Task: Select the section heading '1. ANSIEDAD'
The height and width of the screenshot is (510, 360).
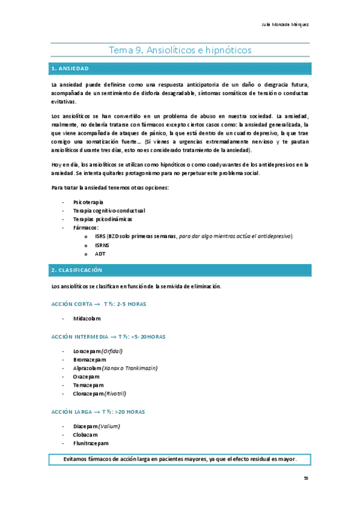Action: (71, 69)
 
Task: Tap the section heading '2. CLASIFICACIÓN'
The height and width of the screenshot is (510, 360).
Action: (77, 270)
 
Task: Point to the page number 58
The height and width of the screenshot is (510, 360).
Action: (306, 479)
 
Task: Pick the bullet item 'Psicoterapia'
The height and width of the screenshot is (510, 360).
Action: (88, 202)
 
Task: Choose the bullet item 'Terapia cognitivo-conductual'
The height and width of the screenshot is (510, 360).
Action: (109, 210)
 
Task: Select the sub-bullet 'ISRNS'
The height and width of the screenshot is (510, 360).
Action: (102, 245)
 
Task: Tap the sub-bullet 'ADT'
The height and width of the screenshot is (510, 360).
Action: (100, 254)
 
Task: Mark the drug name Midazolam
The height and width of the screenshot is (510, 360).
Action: (87, 319)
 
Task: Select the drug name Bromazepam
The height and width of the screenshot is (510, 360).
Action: (90, 359)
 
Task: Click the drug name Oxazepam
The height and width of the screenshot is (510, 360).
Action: (87, 376)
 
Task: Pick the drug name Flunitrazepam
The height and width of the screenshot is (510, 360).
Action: (91, 443)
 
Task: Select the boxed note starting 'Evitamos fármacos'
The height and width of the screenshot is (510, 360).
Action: (180, 459)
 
